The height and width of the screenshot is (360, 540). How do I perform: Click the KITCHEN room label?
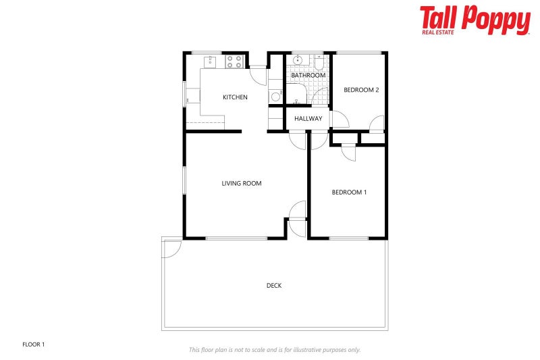coord(235,97)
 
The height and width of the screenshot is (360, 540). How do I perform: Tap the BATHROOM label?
coord(308,75)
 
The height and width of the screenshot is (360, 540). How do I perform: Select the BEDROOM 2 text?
coord(361,90)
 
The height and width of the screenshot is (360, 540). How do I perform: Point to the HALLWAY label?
coord(308,119)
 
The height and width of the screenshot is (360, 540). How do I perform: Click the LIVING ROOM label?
coord(242,183)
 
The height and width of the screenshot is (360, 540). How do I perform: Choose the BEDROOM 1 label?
coord(349,192)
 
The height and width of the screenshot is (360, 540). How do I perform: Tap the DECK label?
coord(274,286)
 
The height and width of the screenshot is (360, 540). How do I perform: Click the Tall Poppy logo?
coord(475,20)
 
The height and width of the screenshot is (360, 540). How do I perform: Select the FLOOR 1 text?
coord(34,344)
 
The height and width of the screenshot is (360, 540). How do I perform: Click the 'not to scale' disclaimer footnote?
coord(274,350)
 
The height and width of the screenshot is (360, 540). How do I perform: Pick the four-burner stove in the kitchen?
coord(234,62)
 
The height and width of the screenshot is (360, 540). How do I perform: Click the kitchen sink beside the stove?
coord(210,61)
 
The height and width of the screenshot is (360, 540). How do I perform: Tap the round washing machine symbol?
coord(275,97)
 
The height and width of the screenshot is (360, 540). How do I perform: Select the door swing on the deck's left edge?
coord(171,248)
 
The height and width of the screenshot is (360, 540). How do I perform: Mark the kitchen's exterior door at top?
coord(259,74)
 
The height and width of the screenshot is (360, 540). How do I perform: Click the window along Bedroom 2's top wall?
coord(359,53)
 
